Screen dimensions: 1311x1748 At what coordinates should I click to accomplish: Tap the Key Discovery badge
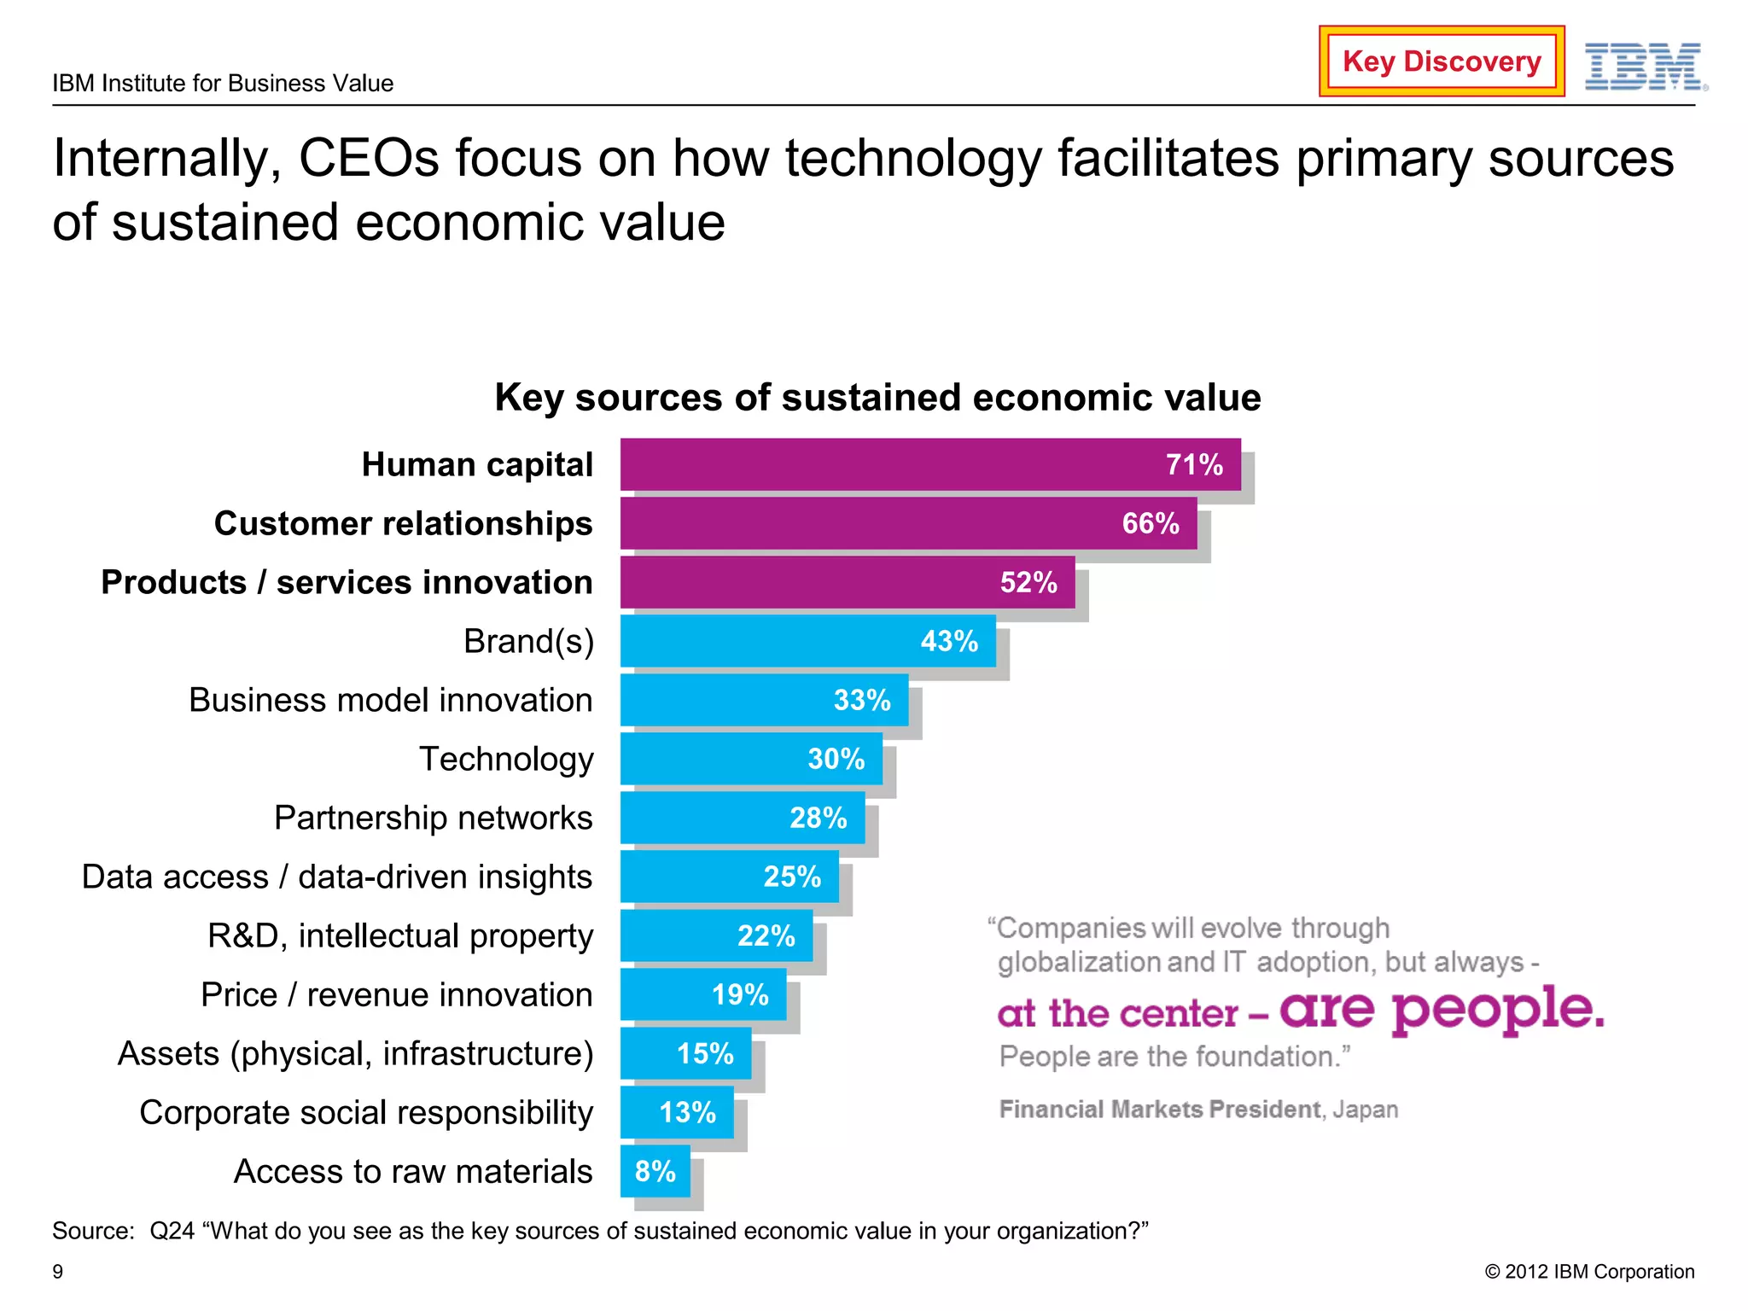pyautogui.click(x=1442, y=61)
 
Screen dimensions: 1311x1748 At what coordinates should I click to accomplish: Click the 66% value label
pyautogui.click(x=1151, y=523)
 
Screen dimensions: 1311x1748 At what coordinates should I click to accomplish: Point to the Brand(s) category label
pyautogui.click(x=528, y=641)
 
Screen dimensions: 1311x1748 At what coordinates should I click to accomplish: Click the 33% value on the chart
pyautogui.click(x=862, y=700)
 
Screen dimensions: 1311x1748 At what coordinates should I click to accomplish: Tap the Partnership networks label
pyautogui.click(x=433, y=818)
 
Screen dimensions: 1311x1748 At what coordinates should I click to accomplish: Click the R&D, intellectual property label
pyautogui.click(x=399, y=935)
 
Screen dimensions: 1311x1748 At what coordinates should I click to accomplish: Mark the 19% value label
pyautogui.click(x=740, y=994)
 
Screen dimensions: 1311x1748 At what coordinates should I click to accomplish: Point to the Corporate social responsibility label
pyautogui.click(x=365, y=1112)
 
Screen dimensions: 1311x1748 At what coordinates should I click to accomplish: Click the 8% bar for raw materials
pyautogui.click(x=655, y=1171)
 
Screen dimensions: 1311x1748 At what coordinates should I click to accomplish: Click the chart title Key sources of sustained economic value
pyautogui.click(x=877, y=398)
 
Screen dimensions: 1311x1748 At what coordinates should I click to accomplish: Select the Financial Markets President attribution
pyautogui.click(x=1198, y=1110)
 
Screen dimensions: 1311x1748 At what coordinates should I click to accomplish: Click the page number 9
pyautogui.click(x=58, y=1272)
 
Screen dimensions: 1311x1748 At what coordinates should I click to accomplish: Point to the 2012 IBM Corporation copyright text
pyautogui.click(x=1589, y=1272)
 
